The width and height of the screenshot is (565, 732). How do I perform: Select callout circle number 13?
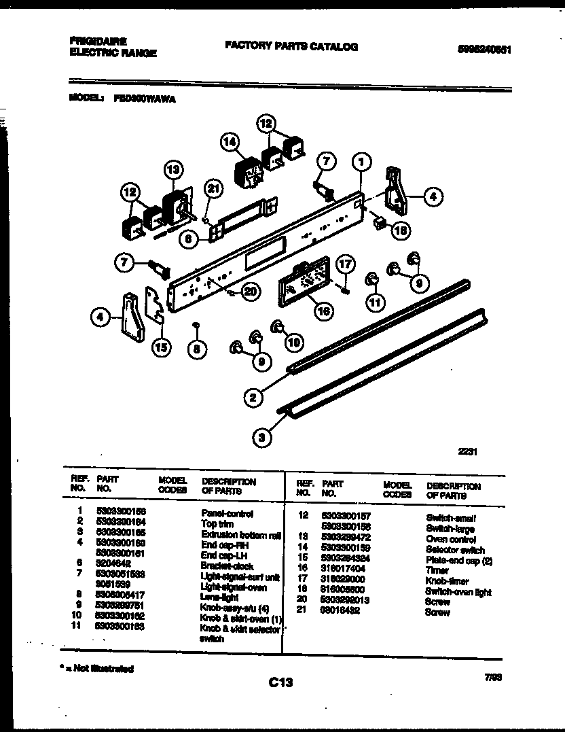pyautogui.click(x=173, y=169)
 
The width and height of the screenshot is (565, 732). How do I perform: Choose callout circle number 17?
pyautogui.click(x=346, y=264)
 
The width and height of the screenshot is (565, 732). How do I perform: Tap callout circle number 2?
pyautogui.click(x=252, y=398)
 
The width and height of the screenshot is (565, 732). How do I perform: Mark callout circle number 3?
pyautogui.click(x=262, y=438)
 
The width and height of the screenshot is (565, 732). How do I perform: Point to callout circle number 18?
pyautogui.click(x=401, y=231)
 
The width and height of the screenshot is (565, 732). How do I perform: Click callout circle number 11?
pyautogui.click(x=374, y=300)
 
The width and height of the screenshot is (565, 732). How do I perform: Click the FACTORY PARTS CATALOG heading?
pyautogui.click(x=291, y=47)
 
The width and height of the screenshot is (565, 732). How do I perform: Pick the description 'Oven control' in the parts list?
pyautogui.click(x=451, y=539)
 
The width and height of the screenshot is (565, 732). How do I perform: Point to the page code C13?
pyautogui.click(x=280, y=682)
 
